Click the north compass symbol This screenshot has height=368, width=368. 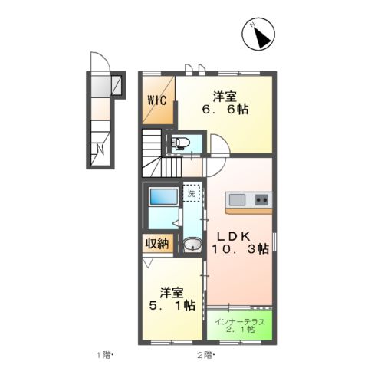258,34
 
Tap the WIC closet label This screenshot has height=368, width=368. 156,100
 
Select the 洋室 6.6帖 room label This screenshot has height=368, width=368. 225,103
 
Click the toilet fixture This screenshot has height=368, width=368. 180,143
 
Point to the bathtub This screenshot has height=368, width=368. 164,196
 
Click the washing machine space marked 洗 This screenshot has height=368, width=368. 192,192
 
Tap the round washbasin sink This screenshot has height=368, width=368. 193,245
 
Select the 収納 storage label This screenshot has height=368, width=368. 157,244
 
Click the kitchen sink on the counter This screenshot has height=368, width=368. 237,199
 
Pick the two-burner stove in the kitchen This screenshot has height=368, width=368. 261,199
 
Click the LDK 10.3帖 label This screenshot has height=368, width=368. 240,243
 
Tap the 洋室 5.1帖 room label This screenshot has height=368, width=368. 172,299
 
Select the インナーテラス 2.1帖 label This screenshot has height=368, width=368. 239,326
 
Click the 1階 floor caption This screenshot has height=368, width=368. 104,355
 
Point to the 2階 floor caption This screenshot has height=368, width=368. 205,355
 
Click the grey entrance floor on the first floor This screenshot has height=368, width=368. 101,86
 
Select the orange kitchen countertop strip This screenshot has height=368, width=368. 248,211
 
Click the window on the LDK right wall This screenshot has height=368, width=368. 274,242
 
